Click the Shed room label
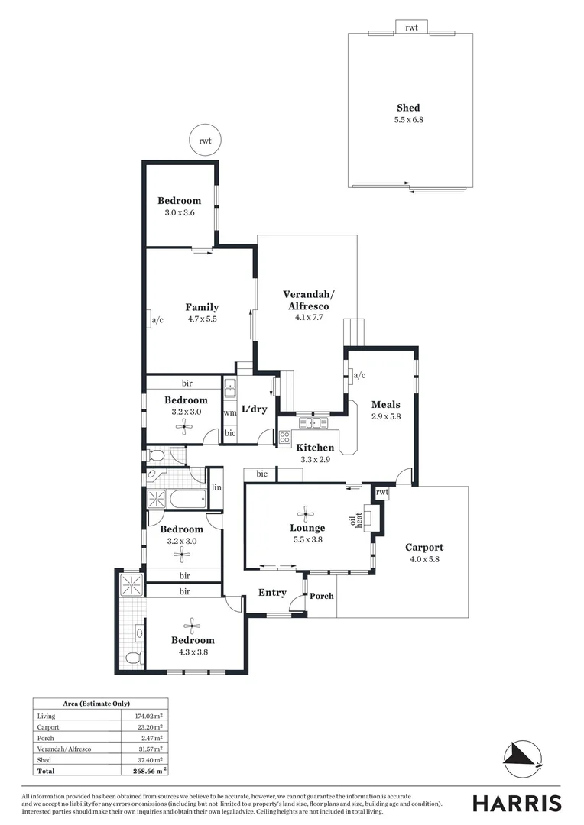point(407,108)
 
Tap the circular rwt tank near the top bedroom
point(205,141)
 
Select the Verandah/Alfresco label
point(308,299)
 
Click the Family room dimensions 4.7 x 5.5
point(202,319)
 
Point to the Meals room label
point(385,405)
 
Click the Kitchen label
point(315,448)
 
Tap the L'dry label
point(254,409)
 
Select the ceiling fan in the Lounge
point(307,512)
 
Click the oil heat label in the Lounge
point(356,520)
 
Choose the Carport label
point(423,547)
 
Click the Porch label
point(322,596)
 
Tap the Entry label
point(272,593)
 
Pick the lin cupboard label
point(216,487)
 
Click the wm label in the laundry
point(229,413)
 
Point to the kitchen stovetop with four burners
point(284,437)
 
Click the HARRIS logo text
point(517,803)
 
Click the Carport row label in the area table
point(48,726)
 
